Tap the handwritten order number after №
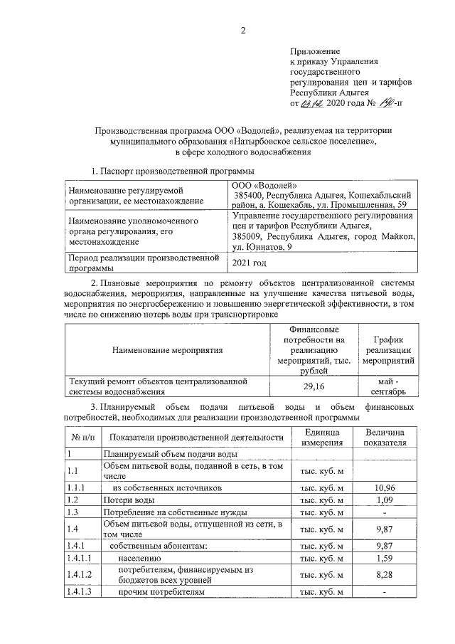coord(385,103)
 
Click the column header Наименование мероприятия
coord(167,350)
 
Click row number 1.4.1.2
coord(80,575)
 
